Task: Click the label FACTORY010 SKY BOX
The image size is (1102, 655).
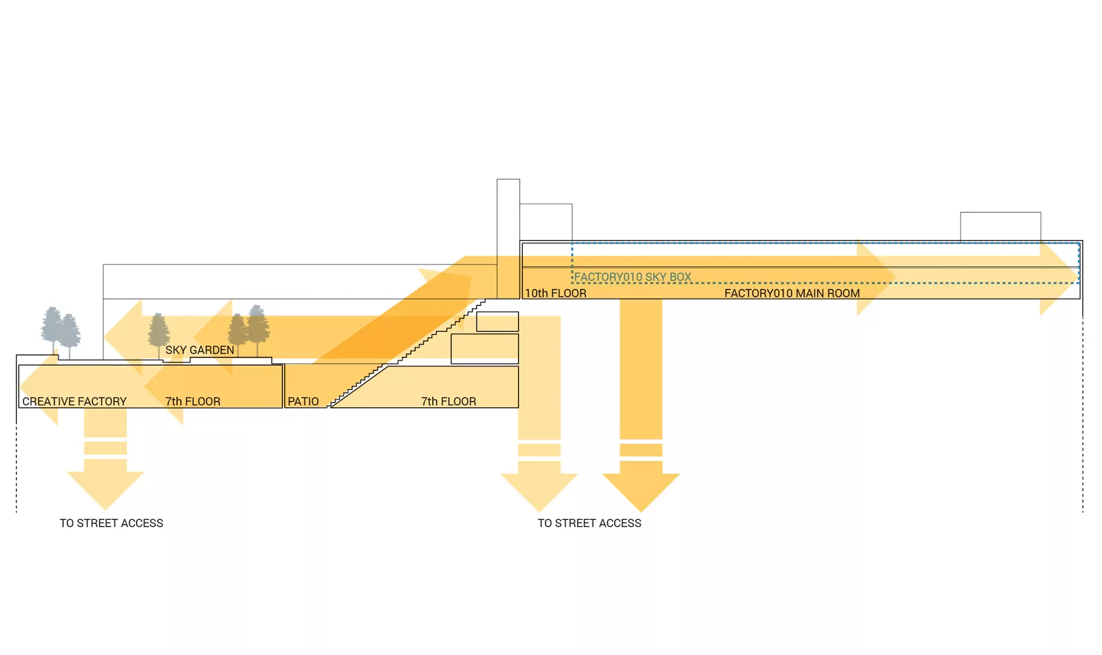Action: tap(632, 277)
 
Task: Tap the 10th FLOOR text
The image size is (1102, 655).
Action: tap(555, 293)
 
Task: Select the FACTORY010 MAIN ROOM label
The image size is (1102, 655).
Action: tap(792, 293)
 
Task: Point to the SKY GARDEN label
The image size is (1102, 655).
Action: tap(200, 350)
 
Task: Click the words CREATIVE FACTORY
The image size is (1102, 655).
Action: tap(74, 402)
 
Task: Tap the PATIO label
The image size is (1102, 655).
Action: tap(303, 402)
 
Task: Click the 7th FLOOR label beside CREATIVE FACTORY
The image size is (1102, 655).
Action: tap(192, 402)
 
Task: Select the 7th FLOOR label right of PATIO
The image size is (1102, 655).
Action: tap(448, 402)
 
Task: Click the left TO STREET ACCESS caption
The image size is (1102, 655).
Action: tap(111, 523)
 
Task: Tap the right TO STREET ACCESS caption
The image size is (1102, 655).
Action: tap(589, 523)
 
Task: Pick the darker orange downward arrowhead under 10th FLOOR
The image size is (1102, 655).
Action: tap(641, 490)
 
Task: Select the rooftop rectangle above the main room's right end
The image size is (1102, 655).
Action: tap(1000, 226)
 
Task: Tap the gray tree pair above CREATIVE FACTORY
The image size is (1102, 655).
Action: tap(60, 331)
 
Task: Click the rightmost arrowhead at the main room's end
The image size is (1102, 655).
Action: tap(1062, 279)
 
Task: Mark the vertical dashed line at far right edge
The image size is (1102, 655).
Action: tap(1082, 416)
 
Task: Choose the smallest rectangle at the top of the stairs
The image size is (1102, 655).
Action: tap(497, 321)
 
